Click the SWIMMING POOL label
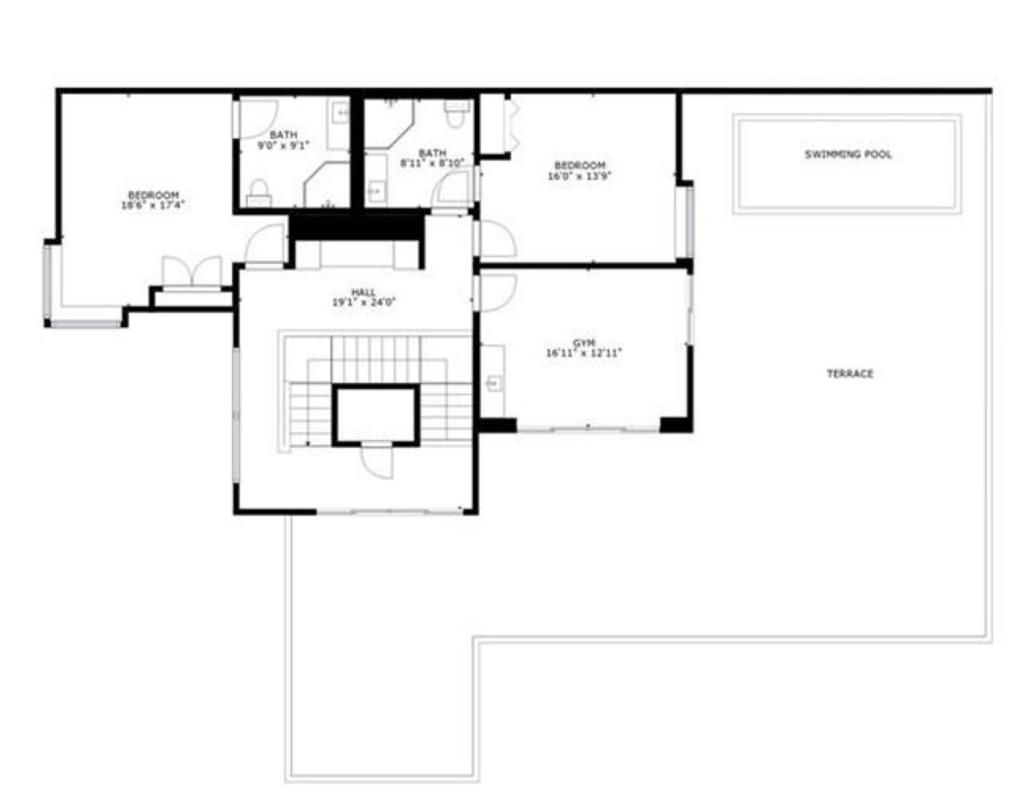pos(848,154)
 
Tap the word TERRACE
pos(850,374)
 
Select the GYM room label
pos(584,343)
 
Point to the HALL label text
pos(364,292)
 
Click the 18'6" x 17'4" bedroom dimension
pos(152,205)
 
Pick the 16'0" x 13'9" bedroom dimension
pos(580,175)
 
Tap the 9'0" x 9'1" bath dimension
pos(283,145)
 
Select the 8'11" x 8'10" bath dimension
pos(433,163)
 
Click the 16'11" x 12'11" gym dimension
pos(584,353)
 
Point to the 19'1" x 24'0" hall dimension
pos(364,303)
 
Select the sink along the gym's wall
pos(494,382)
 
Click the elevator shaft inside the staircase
pos(376,415)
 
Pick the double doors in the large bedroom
pos(192,272)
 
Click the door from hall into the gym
pos(497,292)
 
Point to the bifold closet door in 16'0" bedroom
pos(513,125)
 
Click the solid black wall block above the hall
pos(357,226)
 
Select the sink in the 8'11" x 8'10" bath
pos(376,190)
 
